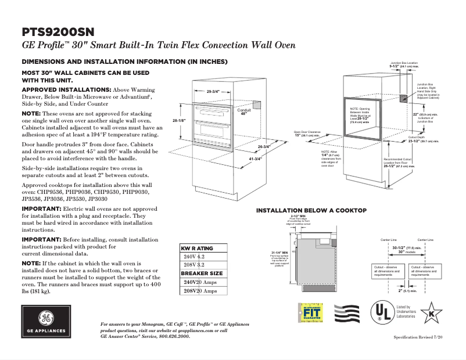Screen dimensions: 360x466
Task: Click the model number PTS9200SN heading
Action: coord(58,31)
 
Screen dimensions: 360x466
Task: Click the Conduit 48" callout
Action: coord(243,111)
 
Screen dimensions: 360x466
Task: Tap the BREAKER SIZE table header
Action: coord(201,273)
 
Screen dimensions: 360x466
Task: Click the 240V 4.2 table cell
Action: coord(194,256)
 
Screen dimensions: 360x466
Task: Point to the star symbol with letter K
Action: coord(431,312)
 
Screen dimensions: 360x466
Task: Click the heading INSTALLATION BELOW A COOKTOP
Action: coord(311,210)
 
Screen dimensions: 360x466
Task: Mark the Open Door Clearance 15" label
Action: coord(308,134)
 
